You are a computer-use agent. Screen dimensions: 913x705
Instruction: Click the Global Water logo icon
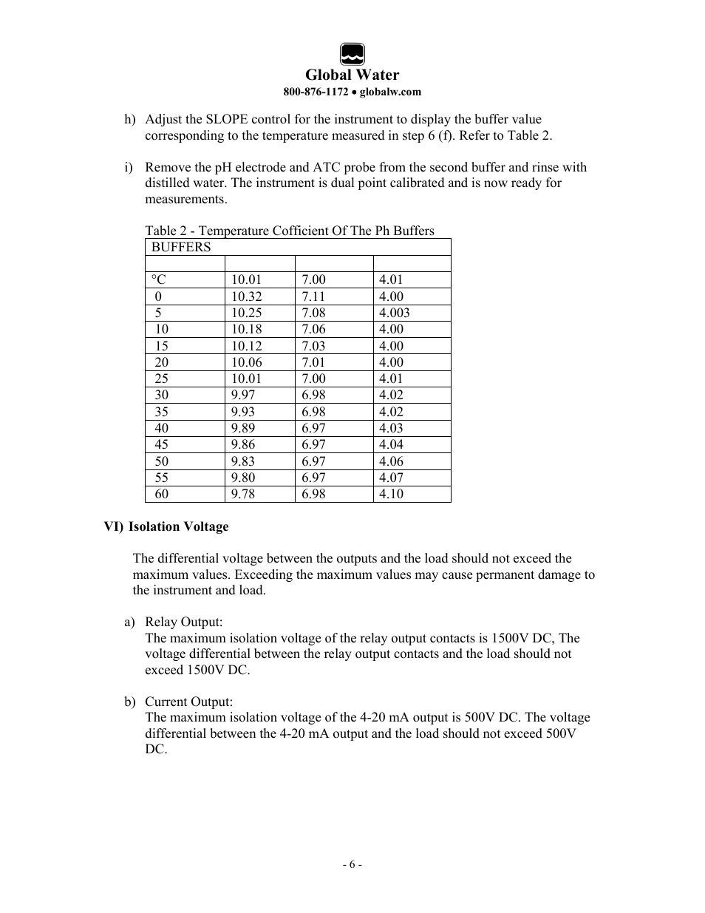point(352,55)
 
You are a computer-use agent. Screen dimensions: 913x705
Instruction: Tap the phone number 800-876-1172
point(316,92)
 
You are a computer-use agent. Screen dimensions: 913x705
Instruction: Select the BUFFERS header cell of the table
point(181,248)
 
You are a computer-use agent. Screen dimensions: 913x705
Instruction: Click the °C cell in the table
point(159,280)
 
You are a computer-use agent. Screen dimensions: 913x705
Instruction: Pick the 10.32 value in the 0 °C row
point(246,296)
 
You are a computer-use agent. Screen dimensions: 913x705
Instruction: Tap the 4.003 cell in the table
point(394,313)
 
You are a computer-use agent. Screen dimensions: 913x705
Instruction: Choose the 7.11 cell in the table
point(313,296)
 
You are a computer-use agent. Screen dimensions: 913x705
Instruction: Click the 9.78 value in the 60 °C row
point(243,494)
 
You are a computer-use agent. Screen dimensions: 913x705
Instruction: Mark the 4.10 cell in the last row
point(391,494)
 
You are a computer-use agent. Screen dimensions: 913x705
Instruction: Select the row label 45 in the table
point(161,444)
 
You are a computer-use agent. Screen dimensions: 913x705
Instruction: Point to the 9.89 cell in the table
point(243,428)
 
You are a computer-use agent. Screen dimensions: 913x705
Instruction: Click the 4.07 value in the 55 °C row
point(391,478)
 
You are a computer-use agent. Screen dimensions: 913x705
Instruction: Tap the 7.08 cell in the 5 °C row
point(313,313)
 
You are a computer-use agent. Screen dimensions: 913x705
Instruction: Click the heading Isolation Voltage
point(178,527)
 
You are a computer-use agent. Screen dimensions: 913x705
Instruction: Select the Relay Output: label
point(183,622)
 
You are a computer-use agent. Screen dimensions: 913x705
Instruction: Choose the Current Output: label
point(188,702)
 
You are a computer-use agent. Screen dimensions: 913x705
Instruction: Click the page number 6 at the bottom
point(352,865)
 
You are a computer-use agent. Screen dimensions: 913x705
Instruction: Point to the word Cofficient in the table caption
point(303,231)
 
